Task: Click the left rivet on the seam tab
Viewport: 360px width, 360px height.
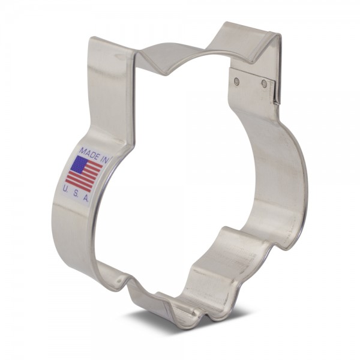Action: click(x=237, y=80)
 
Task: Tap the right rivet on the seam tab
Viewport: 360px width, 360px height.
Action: click(x=264, y=83)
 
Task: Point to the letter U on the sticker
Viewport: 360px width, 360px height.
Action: click(x=65, y=189)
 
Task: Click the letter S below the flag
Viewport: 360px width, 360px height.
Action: click(x=75, y=194)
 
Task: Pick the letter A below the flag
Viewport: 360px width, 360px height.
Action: click(x=85, y=199)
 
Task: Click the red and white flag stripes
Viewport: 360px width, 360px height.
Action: click(x=85, y=175)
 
